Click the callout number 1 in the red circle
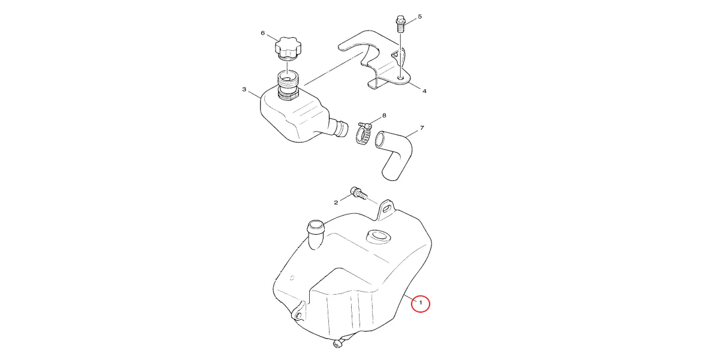421,302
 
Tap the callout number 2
336,202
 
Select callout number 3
244,89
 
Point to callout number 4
424,91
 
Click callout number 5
419,16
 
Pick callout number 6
262,33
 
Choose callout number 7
422,128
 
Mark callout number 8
384,115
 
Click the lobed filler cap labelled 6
288,49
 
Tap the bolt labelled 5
400,24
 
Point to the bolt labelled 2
358,193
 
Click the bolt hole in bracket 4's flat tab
400,78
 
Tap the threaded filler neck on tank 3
288,84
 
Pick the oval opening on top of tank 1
379,237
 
